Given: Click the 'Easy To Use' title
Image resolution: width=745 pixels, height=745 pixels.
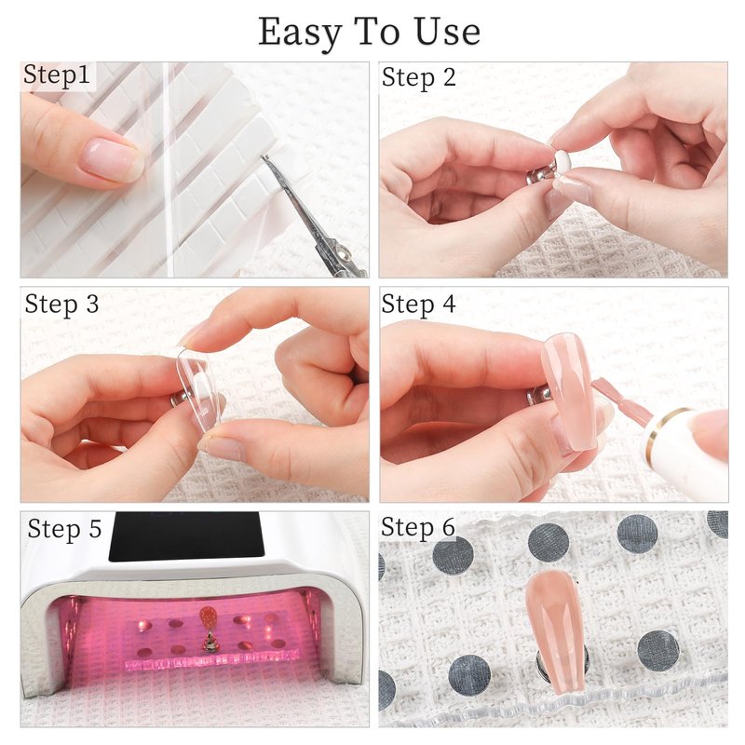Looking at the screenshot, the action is (x=369, y=33).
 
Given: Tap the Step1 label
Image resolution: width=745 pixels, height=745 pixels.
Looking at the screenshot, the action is (x=57, y=75).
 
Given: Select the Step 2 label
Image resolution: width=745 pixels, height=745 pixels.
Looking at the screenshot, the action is (x=418, y=78).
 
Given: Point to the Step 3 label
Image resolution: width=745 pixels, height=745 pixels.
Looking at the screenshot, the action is (x=61, y=305).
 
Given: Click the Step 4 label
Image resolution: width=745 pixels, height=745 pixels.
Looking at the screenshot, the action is (x=418, y=305).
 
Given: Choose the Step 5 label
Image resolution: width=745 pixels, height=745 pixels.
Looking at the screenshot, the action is (x=64, y=529).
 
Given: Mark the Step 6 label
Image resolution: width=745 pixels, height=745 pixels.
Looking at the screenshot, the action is (x=418, y=527).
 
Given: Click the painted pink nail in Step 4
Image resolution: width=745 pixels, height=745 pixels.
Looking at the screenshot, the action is (x=569, y=392).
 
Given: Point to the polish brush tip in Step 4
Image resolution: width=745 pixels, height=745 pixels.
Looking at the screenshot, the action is (x=603, y=388).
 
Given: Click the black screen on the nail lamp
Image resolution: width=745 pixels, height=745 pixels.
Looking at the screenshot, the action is (x=186, y=536).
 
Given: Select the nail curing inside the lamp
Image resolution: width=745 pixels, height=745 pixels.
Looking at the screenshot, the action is (x=208, y=617).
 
